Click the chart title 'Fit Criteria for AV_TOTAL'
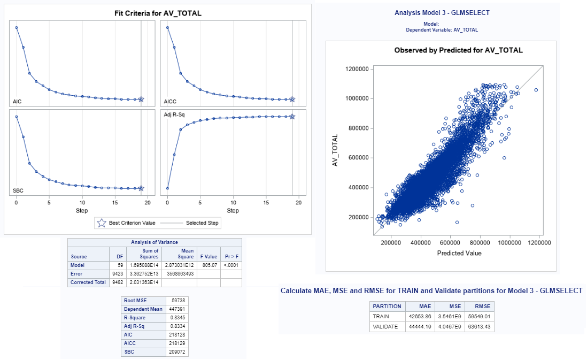click(x=158, y=13)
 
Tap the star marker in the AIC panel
click(x=141, y=99)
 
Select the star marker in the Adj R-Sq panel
click(x=292, y=117)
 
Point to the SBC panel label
click(x=18, y=190)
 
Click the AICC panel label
click(x=170, y=102)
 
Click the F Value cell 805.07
click(x=209, y=265)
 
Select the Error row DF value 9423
click(x=118, y=274)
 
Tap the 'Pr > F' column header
click(x=231, y=257)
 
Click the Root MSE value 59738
click(x=179, y=301)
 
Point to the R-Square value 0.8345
click(x=178, y=318)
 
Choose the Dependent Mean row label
click(x=143, y=309)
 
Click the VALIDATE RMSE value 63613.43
click(x=479, y=327)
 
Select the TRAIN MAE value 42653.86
click(x=420, y=317)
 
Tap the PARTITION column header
click(x=387, y=307)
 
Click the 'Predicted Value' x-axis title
click(x=459, y=253)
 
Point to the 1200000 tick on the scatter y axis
click(x=357, y=69)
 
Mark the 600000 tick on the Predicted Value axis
click(x=450, y=243)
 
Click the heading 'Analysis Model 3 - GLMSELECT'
click(x=442, y=13)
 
